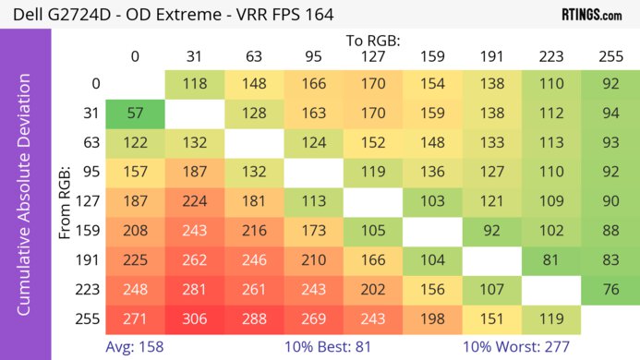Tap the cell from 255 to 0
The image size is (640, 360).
point(135,319)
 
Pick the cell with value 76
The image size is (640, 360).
point(610,290)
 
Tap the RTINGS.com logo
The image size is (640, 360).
point(591,16)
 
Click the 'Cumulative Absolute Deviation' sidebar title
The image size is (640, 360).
point(25,202)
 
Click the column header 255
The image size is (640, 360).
point(610,56)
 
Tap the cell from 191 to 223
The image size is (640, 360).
point(551,260)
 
